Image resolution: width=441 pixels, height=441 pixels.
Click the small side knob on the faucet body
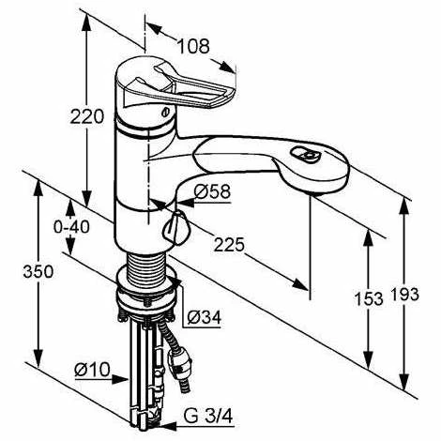pyautogui.click(x=175, y=226)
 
